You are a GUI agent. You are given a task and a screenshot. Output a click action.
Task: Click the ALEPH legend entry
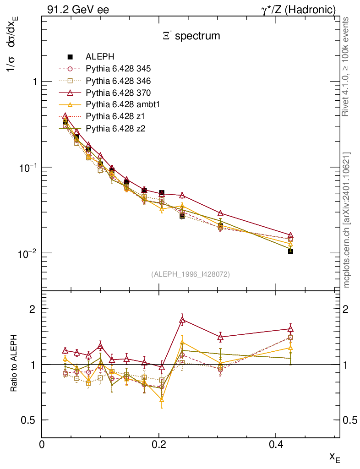tap(100, 57)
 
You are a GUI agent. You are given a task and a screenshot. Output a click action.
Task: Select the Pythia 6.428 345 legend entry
tap(118, 69)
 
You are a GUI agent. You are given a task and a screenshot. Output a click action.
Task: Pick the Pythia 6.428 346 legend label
tap(118, 81)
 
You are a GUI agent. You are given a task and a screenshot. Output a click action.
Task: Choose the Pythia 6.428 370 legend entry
tap(118, 93)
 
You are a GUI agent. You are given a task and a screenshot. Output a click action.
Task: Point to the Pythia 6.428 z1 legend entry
tap(115, 116)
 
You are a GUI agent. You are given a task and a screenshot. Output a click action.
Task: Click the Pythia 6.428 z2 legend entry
tap(115, 128)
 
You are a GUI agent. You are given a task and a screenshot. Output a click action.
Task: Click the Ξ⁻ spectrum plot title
tap(191, 36)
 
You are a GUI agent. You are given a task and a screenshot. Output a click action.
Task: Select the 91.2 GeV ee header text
tap(78, 10)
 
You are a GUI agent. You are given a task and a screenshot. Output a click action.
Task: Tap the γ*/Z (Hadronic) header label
tap(299, 10)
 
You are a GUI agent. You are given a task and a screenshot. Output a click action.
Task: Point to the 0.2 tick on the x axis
tap(158, 443)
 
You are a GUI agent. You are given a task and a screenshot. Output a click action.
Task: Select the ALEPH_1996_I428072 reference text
tap(190, 274)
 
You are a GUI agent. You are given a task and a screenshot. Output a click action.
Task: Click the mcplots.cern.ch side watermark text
tap(347, 220)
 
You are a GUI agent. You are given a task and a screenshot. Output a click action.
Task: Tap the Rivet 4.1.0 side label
tap(347, 66)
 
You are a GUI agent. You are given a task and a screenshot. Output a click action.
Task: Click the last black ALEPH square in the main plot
tap(290, 251)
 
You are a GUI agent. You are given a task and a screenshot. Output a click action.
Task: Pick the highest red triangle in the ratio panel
tap(182, 320)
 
